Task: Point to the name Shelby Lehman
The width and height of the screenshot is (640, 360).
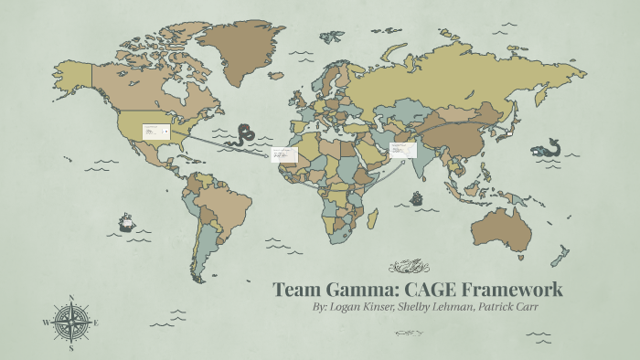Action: (x=435, y=308)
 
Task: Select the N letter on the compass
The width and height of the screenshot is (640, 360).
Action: (x=71, y=297)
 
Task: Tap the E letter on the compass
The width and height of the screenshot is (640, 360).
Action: (x=96, y=323)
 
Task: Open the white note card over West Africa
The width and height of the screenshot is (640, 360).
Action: (x=283, y=156)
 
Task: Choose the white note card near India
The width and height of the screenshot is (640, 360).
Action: (x=402, y=148)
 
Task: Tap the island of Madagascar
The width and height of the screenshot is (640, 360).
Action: (x=372, y=219)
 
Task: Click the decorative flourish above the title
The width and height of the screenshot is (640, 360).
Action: (x=408, y=266)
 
